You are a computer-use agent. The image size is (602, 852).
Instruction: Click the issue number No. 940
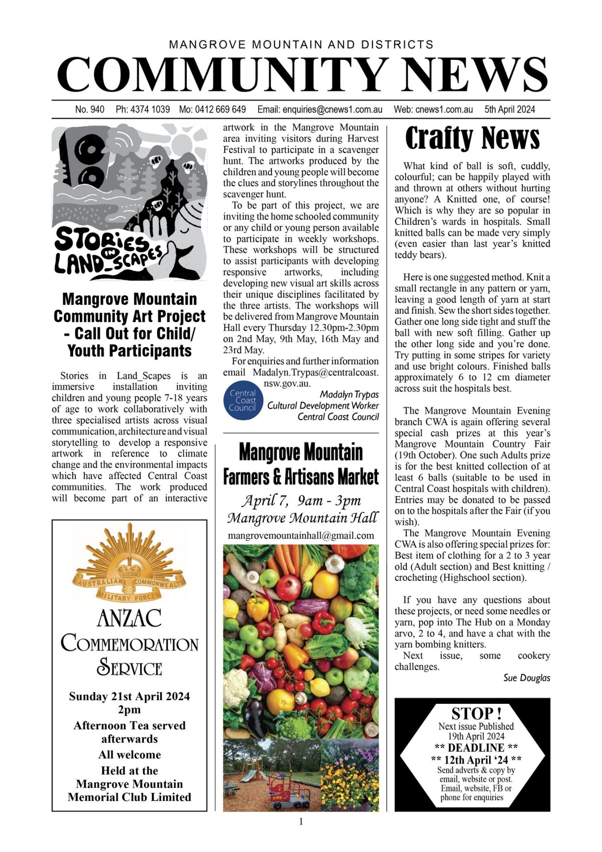click(90, 110)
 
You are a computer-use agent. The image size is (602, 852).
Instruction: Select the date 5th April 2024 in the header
click(510, 110)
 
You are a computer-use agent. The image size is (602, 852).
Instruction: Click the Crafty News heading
click(472, 138)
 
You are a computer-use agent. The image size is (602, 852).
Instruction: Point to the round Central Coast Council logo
click(243, 400)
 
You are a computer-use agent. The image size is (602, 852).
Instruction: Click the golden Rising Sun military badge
click(129, 564)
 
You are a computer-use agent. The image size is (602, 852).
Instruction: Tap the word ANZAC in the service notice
click(129, 618)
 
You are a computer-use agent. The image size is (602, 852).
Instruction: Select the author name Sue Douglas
click(527, 678)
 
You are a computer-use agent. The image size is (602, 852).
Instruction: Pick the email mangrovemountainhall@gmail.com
click(301, 536)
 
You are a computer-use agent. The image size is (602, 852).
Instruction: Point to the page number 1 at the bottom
click(301, 822)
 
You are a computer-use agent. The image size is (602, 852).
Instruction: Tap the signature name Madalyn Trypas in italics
click(349, 394)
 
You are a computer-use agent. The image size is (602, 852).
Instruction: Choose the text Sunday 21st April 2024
click(129, 697)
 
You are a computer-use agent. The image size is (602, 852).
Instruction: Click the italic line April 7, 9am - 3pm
click(301, 501)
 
